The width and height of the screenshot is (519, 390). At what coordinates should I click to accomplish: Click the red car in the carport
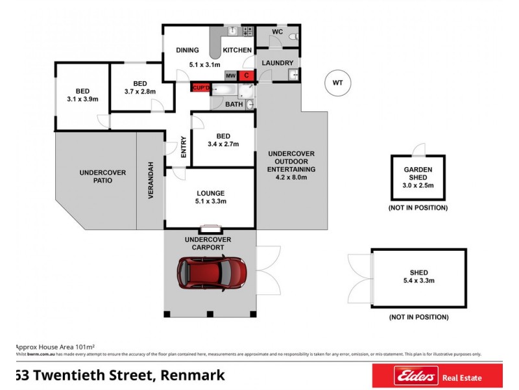[212, 272]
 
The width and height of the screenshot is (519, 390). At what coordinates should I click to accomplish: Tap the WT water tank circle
[337, 83]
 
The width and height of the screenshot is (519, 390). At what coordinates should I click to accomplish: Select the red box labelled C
[246, 75]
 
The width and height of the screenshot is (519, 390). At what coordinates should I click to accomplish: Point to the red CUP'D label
[200, 86]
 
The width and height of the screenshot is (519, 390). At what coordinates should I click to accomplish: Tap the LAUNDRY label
[278, 63]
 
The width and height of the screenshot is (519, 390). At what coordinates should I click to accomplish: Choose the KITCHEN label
[237, 50]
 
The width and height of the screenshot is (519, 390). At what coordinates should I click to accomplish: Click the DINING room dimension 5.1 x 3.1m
[204, 65]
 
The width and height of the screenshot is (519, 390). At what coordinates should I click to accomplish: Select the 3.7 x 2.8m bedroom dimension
[141, 92]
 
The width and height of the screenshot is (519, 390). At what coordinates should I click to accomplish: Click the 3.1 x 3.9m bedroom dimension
[82, 99]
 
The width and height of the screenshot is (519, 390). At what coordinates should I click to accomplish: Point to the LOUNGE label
[210, 193]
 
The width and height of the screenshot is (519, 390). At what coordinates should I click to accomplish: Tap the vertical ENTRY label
[184, 146]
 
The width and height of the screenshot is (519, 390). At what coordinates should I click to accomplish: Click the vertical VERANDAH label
[151, 180]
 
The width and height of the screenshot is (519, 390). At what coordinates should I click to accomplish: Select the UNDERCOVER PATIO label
[103, 176]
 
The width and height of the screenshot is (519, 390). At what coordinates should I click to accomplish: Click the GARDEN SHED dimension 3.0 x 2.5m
[418, 186]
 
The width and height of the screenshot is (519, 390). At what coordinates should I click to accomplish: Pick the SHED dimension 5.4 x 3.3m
[418, 281]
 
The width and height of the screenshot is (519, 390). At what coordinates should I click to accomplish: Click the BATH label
[234, 104]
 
